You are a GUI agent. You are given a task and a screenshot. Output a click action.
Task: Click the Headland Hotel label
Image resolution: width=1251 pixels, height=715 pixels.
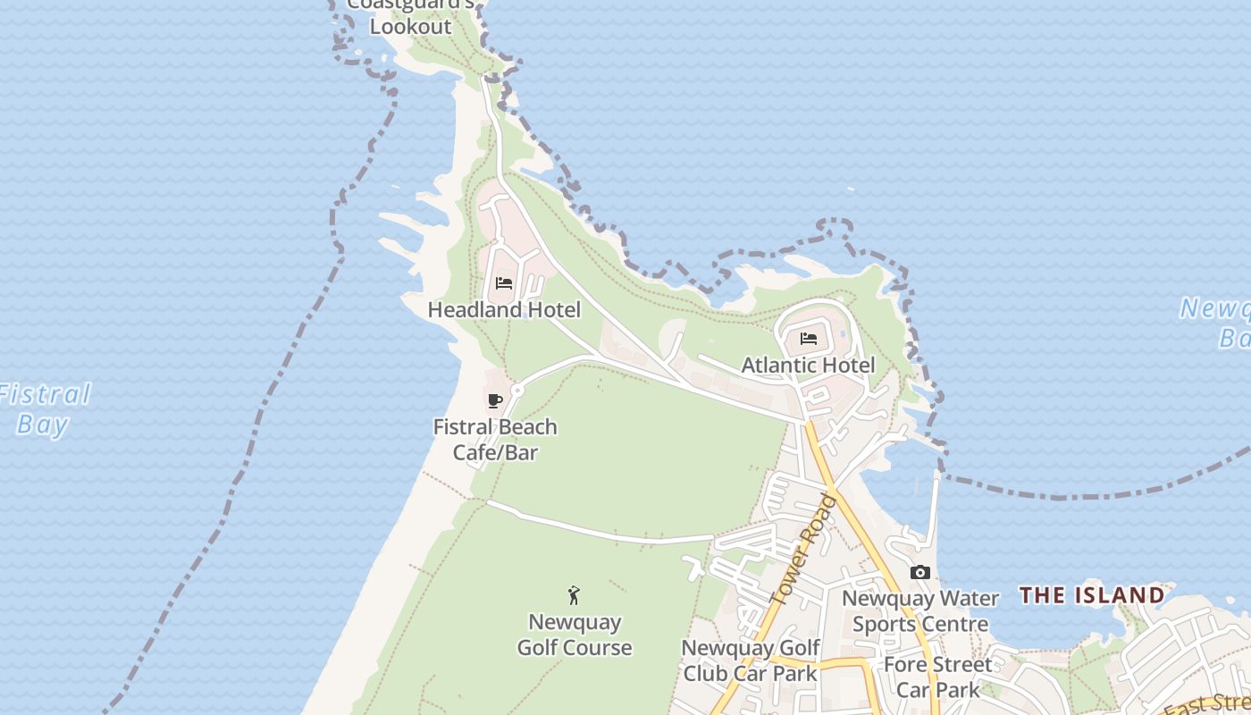[x=504, y=310]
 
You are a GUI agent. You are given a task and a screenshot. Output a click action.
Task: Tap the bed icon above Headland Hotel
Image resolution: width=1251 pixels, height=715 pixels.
[x=504, y=284]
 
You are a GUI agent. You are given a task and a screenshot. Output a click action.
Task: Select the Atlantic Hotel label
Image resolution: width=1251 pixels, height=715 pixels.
[x=808, y=366]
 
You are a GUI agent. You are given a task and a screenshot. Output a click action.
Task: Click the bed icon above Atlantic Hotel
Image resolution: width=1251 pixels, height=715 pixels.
[x=809, y=339]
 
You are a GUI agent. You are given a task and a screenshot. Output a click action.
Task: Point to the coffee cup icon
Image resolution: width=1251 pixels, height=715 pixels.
[x=495, y=400]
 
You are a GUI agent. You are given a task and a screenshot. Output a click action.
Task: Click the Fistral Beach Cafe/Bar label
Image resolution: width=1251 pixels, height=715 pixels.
[x=495, y=440]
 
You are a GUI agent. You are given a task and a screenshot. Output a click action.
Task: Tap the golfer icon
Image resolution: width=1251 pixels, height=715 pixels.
[x=575, y=595]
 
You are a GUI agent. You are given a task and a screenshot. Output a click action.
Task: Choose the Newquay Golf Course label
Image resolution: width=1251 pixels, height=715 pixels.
[x=575, y=635]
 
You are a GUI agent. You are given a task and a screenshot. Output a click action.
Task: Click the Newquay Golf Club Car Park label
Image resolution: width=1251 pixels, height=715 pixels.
[x=751, y=660]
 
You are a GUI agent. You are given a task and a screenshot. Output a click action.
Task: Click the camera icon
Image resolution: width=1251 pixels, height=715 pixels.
[x=920, y=572]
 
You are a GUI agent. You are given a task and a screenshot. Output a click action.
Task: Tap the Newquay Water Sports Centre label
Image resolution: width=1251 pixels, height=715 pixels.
[x=920, y=611]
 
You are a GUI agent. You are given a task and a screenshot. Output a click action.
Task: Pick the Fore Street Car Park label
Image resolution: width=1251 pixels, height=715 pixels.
[x=937, y=677]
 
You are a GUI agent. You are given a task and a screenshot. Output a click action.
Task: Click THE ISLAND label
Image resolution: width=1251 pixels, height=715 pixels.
[x=1092, y=595]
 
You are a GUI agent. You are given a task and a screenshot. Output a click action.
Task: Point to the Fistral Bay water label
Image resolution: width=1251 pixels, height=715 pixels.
[x=45, y=409]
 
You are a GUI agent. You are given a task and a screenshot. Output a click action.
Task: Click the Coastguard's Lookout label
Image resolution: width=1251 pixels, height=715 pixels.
[x=411, y=16]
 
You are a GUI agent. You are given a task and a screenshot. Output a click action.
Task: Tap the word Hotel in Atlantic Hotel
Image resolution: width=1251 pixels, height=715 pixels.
[x=844, y=366]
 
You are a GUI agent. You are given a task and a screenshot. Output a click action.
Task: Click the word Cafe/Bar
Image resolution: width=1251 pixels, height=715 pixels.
[x=495, y=453]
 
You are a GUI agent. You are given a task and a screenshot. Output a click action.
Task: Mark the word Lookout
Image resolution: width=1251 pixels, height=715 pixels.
[x=411, y=27]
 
